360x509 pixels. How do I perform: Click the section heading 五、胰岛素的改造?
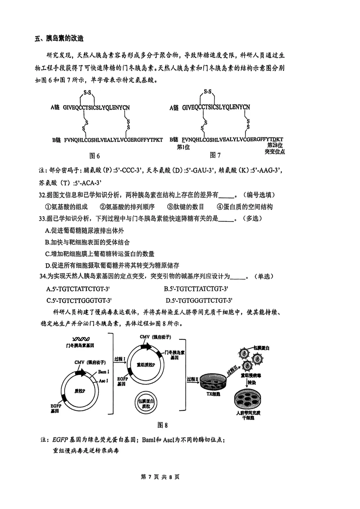59,38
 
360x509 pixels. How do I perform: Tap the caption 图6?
95,156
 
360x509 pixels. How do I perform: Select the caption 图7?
215,155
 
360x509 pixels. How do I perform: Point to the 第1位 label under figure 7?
183,147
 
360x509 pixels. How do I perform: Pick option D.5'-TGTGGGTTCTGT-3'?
199,300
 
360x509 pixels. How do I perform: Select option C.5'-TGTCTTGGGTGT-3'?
79,300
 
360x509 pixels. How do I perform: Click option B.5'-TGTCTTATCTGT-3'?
196,289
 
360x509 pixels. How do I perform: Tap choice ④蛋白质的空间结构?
245,207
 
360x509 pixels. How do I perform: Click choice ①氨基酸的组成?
66,207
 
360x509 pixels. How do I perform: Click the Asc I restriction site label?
103,381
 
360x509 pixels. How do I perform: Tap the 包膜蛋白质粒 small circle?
146,404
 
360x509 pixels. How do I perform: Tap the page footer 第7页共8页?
160,477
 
